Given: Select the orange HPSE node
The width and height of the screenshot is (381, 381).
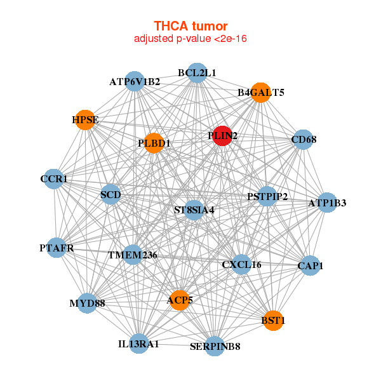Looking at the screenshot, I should [84, 119].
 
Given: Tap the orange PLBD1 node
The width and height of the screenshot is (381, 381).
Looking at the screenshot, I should [154, 143].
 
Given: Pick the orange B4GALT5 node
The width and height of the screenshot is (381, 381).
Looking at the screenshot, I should [260, 93].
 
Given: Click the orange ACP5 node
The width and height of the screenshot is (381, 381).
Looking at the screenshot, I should [180, 300].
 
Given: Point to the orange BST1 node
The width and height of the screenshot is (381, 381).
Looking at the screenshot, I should [273, 321].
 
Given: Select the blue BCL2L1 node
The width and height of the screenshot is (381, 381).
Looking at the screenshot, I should [197, 73].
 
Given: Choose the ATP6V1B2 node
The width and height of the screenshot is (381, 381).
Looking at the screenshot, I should [135, 82].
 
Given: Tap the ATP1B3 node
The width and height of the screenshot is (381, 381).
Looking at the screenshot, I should [327, 203].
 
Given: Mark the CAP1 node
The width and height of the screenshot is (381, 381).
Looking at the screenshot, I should [310, 265].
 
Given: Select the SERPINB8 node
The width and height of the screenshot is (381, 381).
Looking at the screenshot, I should [215, 346].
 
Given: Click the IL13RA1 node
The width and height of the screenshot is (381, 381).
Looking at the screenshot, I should [138, 344].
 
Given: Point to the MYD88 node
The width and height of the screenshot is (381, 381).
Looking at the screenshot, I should [87, 303].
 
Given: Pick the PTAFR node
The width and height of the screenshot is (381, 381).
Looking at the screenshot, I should [57, 248].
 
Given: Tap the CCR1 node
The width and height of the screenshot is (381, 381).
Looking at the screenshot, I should [54, 180].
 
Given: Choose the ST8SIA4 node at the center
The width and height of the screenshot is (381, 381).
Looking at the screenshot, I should [194, 210].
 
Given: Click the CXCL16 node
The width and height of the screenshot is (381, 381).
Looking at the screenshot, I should [241, 264].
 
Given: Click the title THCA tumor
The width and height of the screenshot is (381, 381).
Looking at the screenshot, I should [190, 26].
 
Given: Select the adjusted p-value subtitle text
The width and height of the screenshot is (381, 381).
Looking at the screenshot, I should [190, 39].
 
